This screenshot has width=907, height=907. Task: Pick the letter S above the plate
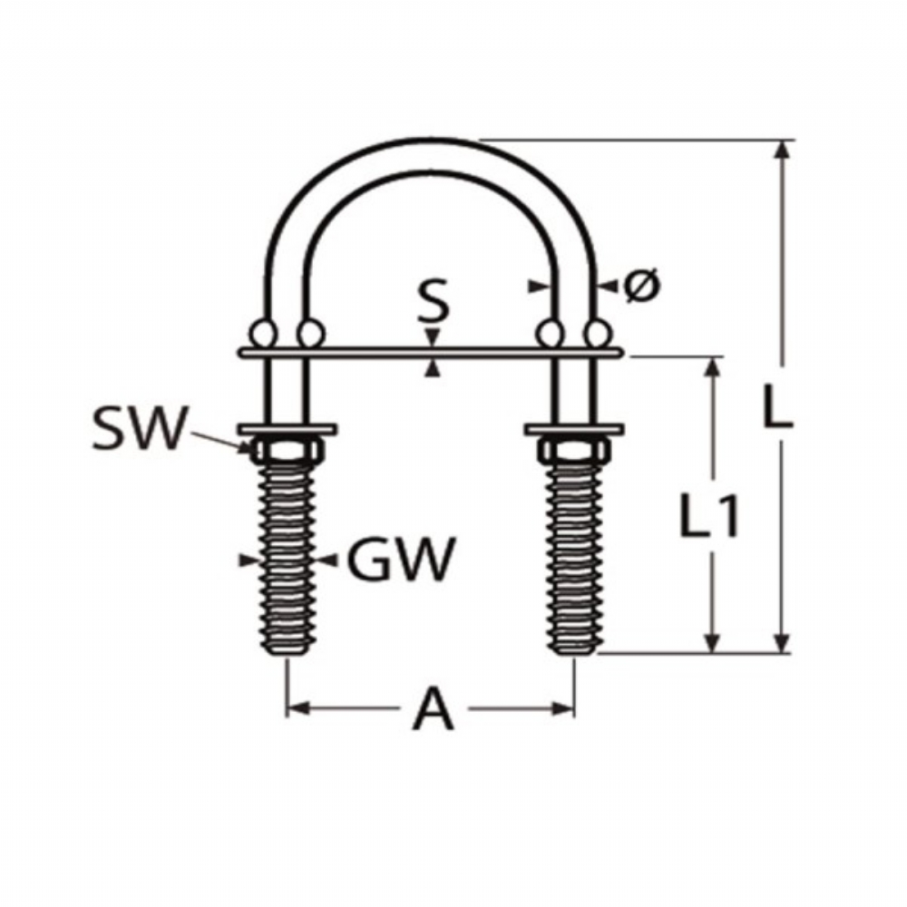(x=433, y=300)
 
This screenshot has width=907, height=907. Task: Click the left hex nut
(x=287, y=450)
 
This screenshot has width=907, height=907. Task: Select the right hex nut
(x=574, y=450)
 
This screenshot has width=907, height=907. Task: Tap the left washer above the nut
(x=288, y=429)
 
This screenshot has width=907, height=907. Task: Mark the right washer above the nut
(x=574, y=429)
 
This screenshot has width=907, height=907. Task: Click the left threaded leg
(x=288, y=558)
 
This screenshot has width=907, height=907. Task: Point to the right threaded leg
(x=574, y=558)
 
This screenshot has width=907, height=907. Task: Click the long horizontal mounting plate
(x=430, y=352)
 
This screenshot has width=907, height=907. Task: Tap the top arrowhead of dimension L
(x=782, y=149)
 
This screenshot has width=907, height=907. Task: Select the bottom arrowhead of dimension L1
(x=713, y=643)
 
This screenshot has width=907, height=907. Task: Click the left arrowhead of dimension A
(x=298, y=707)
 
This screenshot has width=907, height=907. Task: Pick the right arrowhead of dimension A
(x=563, y=707)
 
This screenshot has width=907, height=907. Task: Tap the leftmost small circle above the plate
(x=263, y=334)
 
